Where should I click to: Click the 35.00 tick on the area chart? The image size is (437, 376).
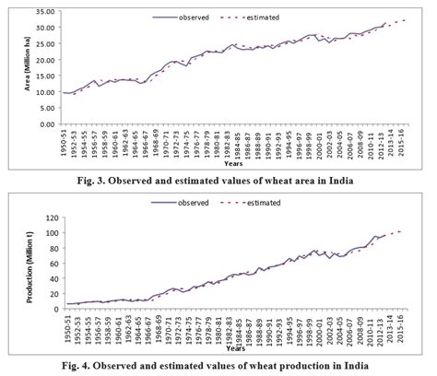point(41,12)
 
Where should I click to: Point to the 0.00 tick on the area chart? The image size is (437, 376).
point(42,123)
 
